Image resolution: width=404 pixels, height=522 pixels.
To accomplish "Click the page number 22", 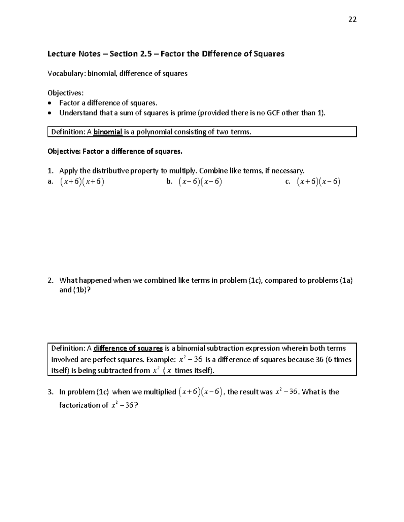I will [x=352, y=19].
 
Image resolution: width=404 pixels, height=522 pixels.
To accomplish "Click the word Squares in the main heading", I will [x=269, y=54].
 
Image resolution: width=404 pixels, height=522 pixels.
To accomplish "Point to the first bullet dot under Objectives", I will [x=50, y=103].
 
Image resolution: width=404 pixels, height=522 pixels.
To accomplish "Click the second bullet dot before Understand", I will [x=50, y=113].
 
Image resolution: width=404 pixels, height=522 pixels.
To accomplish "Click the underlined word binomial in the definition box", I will [x=108, y=132].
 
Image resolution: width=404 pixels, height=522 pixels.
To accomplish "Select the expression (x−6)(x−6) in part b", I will [x=200, y=182].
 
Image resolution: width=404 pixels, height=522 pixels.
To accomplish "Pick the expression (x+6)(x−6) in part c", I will [x=318, y=182].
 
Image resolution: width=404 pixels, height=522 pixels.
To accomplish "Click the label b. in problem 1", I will [x=169, y=182].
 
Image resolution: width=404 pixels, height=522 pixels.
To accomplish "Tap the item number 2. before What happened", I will [x=50, y=280].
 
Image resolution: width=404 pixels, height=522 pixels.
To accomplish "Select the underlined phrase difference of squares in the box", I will [x=128, y=348].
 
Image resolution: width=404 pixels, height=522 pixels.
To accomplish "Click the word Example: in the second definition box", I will [x=161, y=360].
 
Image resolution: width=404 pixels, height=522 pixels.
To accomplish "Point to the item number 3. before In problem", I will [x=50, y=392].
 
